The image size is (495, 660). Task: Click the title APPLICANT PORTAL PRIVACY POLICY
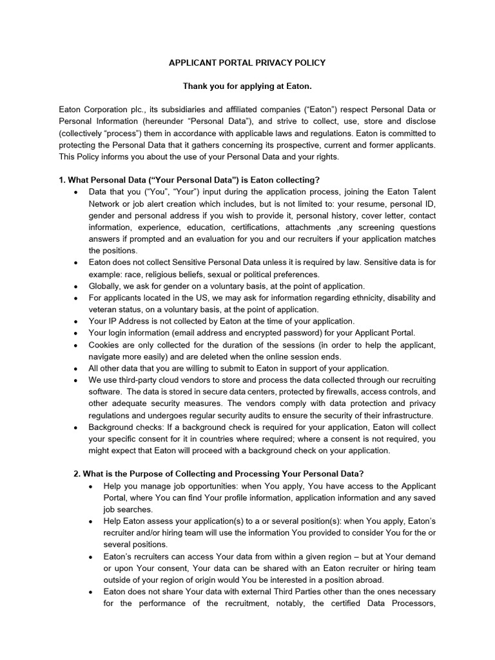pyautogui.click(x=247, y=63)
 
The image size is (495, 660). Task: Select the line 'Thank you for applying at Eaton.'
pyautogui.click(x=247, y=86)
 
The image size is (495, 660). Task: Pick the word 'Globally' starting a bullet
pyautogui.click(x=106, y=286)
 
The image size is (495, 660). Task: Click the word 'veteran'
pyautogui.click(x=104, y=309)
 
